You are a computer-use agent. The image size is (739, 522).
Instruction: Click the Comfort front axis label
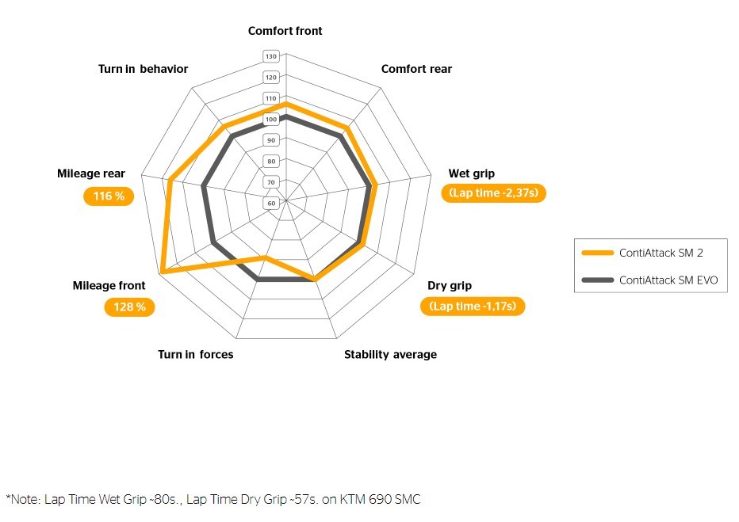point(285,31)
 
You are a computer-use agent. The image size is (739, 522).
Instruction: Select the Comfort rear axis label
point(416,69)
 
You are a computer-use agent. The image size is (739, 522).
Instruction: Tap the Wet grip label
point(471,173)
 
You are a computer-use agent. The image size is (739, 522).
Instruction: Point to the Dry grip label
point(449,286)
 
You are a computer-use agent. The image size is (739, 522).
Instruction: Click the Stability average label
point(390,354)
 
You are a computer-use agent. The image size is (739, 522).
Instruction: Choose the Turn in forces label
point(195,354)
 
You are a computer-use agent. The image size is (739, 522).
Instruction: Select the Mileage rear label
point(90,173)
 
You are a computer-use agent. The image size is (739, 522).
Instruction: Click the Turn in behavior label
point(143,69)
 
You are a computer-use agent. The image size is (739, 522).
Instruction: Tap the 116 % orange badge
point(109,196)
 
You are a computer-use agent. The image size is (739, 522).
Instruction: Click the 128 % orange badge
point(129,307)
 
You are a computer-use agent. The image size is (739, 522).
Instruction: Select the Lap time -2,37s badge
point(493,193)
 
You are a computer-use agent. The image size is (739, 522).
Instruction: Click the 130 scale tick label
point(271,56)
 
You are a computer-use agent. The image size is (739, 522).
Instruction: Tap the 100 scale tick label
point(271,120)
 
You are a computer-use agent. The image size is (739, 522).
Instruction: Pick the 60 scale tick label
point(271,203)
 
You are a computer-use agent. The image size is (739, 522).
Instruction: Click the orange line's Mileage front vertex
point(162,272)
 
